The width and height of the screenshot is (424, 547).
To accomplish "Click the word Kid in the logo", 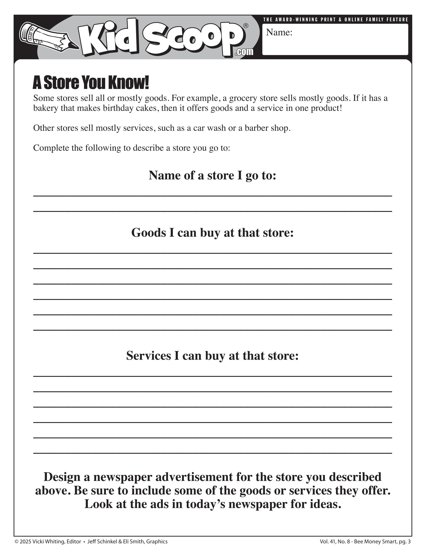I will pos(108,38).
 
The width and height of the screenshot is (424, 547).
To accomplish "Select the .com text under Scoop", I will pos(244,52).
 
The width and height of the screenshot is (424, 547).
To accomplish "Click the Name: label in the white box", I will pos(279,33).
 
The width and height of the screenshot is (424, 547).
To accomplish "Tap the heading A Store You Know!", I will pos(91,83).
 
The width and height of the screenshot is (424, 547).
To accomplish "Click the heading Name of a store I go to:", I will pos(212,175).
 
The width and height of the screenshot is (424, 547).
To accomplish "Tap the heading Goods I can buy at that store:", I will pos(212,233).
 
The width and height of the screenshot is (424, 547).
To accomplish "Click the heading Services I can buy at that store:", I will pos(212,356).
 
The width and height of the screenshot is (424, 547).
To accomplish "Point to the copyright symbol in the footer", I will pos(17,542).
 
